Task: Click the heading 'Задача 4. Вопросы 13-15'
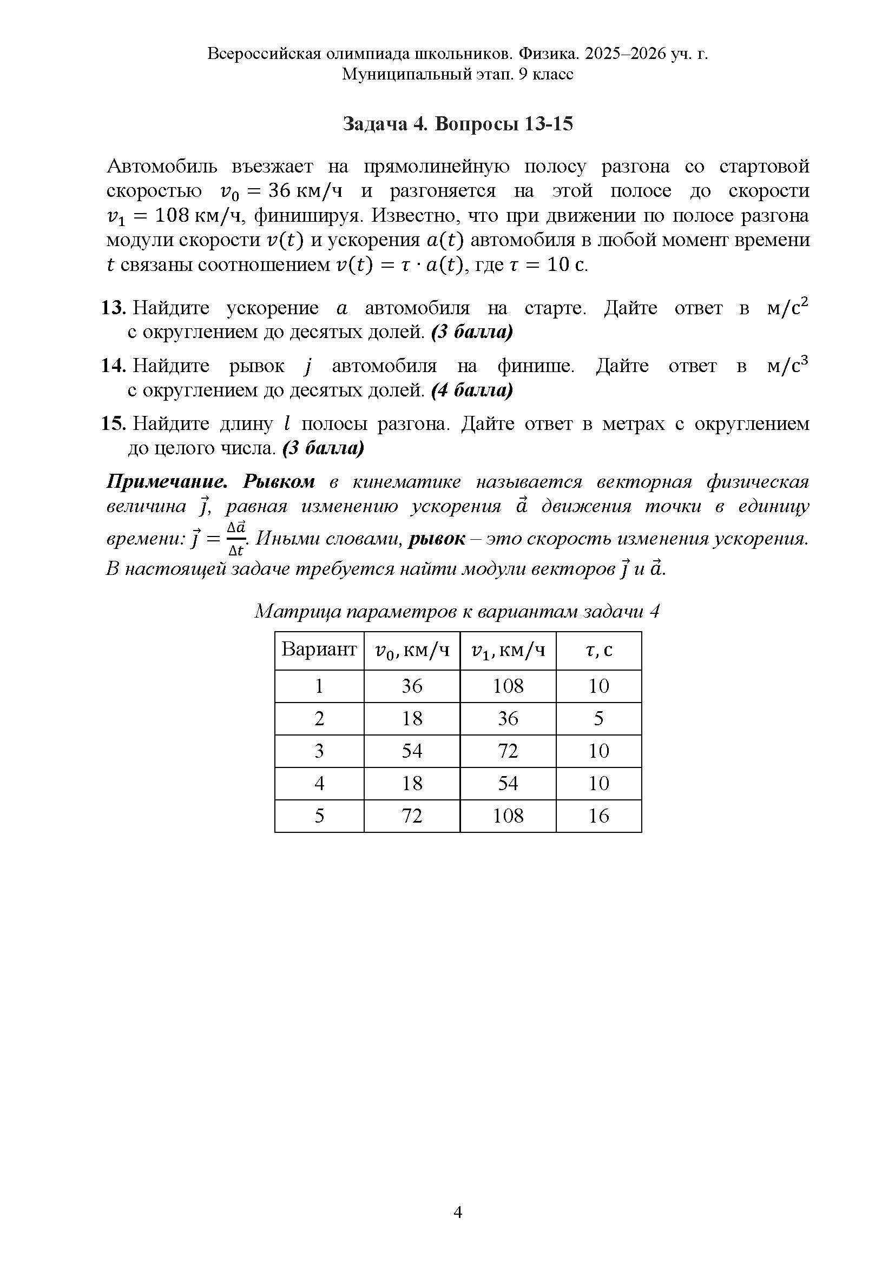click(x=457, y=124)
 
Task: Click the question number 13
click(x=114, y=308)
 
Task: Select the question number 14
click(x=114, y=366)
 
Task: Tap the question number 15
click(x=114, y=423)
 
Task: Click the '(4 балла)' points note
click(x=472, y=390)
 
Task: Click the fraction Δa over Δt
click(x=236, y=538)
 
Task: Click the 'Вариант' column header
click(x=319, y=650)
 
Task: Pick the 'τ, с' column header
click(x=598, y=651)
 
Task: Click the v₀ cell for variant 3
click(x=412, y=751)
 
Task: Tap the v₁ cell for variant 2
click(x=508, y=718)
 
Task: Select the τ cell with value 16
click(x=598, y=816)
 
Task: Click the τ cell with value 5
click(x=598, y=718)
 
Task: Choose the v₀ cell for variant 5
click(x=412, y=816)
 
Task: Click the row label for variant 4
click(x=319, y=784)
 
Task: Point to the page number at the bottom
click(x=457, y=1211)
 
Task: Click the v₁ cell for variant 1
click(x=508, y=686)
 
